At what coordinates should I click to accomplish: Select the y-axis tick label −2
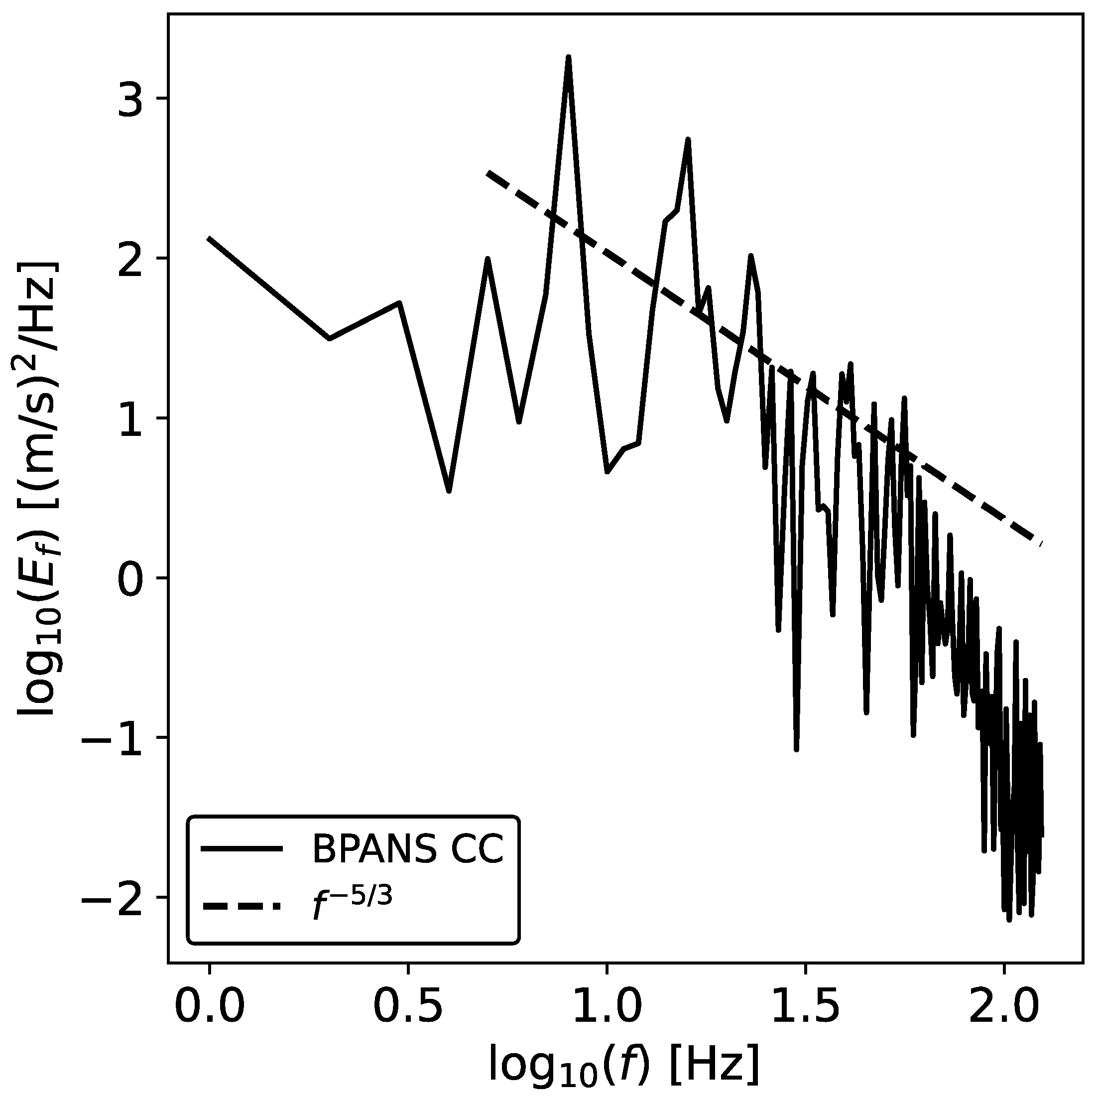pos(119,897)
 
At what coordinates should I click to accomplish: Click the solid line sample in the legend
pos(242,849)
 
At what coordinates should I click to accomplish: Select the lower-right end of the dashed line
pos(1041,543)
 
